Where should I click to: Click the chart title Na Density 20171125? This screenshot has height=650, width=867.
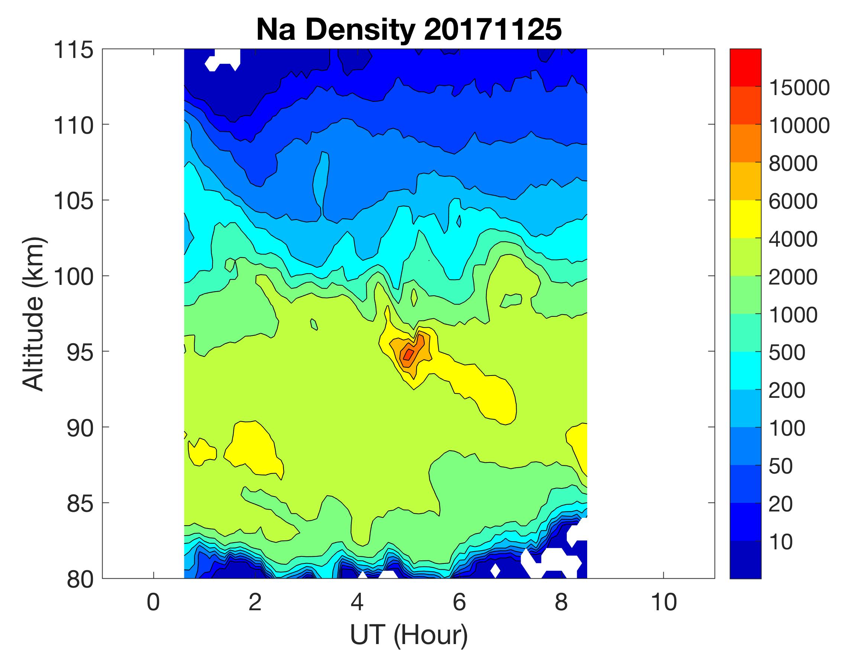[x=409, y=30]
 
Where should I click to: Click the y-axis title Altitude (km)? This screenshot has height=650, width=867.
[x=33, y=314]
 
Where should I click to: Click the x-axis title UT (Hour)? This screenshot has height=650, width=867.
[x=409, y=635]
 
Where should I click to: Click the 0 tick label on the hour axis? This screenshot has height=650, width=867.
[x=153, y=602]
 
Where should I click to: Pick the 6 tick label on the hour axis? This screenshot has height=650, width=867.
[x=459, y=602]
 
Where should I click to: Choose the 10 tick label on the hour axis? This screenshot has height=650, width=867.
[x=664, y=602]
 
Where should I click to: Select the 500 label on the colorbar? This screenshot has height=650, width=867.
[x=787, y=352]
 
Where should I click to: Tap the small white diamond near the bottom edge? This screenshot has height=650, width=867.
[x=495, y=571]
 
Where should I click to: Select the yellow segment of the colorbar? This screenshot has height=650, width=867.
[x=745, y=219]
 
